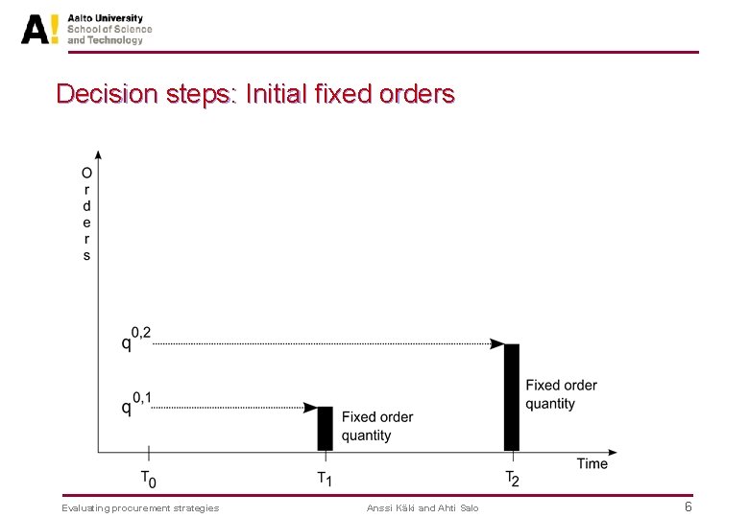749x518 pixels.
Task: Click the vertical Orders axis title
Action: [86, 214]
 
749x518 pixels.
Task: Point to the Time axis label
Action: [592, 463]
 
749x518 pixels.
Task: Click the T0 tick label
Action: [147, 477]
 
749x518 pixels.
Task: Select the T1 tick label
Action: [325, 477]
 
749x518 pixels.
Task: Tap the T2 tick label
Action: [512, 477]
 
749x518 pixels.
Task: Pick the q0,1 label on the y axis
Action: [135, 403]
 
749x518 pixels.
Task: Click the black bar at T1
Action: [325, 428]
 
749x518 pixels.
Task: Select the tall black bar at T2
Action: [512, 396]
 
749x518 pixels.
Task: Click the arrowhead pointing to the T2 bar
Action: [497, 343]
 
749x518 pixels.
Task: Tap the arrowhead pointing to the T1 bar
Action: [310, 408]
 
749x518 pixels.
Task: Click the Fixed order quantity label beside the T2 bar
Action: [561, 394]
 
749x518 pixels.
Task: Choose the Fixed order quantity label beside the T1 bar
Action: [377, 426]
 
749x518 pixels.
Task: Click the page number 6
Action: [688, 506]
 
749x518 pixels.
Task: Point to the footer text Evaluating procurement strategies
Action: [140, 507]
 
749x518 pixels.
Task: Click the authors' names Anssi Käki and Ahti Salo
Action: [423, 507]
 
